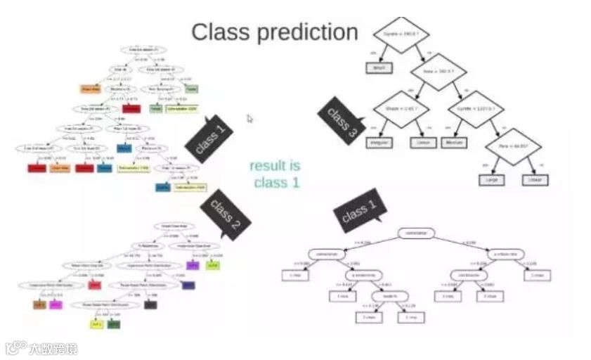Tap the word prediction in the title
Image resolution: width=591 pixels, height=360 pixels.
pyautogui.click(x=306, y=32)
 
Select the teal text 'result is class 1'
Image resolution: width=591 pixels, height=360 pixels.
pyautogui.click(x=275, y=174)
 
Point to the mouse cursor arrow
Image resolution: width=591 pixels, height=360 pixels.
pyautogui.click(x=249, y=119)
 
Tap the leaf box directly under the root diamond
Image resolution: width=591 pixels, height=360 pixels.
pyautogui.click(x=377, y=68)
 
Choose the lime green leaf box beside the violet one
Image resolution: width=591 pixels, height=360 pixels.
pyautogui.click(x=214, y=265)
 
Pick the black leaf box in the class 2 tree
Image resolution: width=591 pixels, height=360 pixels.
pyautogui.click(x=150, y=304)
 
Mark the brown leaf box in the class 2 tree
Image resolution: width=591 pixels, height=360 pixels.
pyautogui.click(x=39, y=305)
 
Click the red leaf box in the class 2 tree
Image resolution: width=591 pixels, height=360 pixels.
pyautogui.click(x=96, y=285)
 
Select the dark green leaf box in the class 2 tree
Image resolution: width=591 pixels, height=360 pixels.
pyautogui.click(x=113, y=324)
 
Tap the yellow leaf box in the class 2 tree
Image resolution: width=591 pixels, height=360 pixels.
pyautogui.click(x=96, y=324)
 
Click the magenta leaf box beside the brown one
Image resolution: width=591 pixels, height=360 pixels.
pyautogui.click(x=56, y=305)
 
